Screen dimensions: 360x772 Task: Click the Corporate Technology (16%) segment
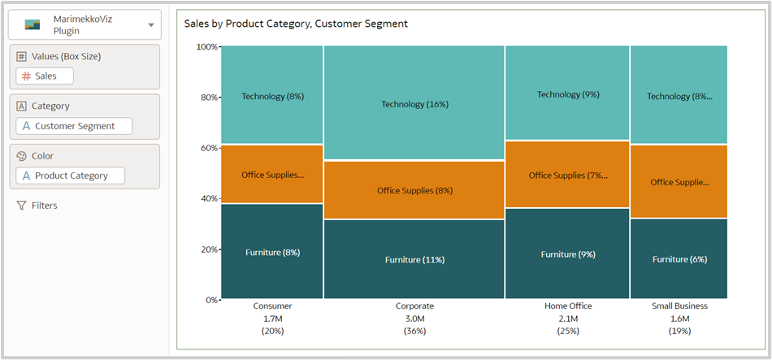pos(414,103)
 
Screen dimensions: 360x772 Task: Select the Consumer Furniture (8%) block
pos(272,252)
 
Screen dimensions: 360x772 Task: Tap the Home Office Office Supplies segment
pos(567,175)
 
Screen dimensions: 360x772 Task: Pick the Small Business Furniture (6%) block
pos(679,259)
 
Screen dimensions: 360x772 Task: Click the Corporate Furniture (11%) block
pos(414,259)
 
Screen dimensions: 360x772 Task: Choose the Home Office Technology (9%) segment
pos(567,93)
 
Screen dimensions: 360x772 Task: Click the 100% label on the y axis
pos(206,46)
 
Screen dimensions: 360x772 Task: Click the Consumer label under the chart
pos(272,306)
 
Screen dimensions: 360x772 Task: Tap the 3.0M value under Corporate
pos(414,319)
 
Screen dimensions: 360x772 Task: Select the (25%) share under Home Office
pos(567,332)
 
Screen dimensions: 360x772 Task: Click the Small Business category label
pos(679,306)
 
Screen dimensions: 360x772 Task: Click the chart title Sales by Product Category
pos(296,24)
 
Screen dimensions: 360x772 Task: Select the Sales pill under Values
pos(45,76)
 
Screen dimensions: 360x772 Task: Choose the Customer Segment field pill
pos(74,126)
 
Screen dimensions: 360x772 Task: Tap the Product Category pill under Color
pos(71,176)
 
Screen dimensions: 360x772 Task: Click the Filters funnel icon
pos(21,206)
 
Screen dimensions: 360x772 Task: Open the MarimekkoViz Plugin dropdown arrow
pos(150,25)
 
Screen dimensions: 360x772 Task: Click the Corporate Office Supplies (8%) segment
pos(414,190)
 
